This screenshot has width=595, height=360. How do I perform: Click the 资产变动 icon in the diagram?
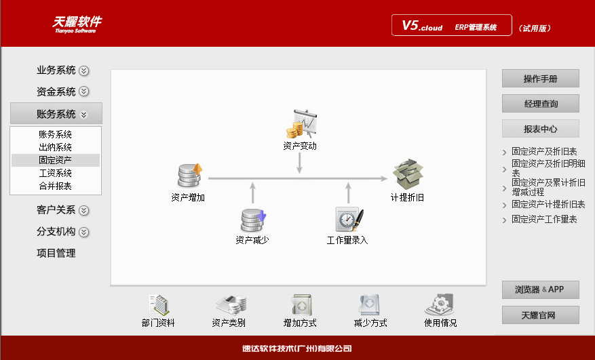point(299,125)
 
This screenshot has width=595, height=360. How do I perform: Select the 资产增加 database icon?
point(188,176)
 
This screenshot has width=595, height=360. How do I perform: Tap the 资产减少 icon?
point(252,220)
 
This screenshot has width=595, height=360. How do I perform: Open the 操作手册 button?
point(540,79)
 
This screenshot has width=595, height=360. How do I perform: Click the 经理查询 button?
point(540,104)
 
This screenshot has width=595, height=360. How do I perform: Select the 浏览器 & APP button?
point(540,289)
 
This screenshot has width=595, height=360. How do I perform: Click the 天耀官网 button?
point(540,315)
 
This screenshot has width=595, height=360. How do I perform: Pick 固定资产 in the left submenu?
point(56,160)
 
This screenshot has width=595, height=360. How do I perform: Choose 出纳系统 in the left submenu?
point(56,147)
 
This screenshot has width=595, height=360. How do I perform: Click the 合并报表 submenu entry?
point(56,186)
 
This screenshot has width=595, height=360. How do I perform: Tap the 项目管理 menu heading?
point(56,254)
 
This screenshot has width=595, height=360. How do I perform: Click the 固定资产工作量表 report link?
point(544,220)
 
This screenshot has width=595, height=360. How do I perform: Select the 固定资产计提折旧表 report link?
point(548,204)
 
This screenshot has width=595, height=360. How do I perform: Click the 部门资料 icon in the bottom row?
point(159,305)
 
